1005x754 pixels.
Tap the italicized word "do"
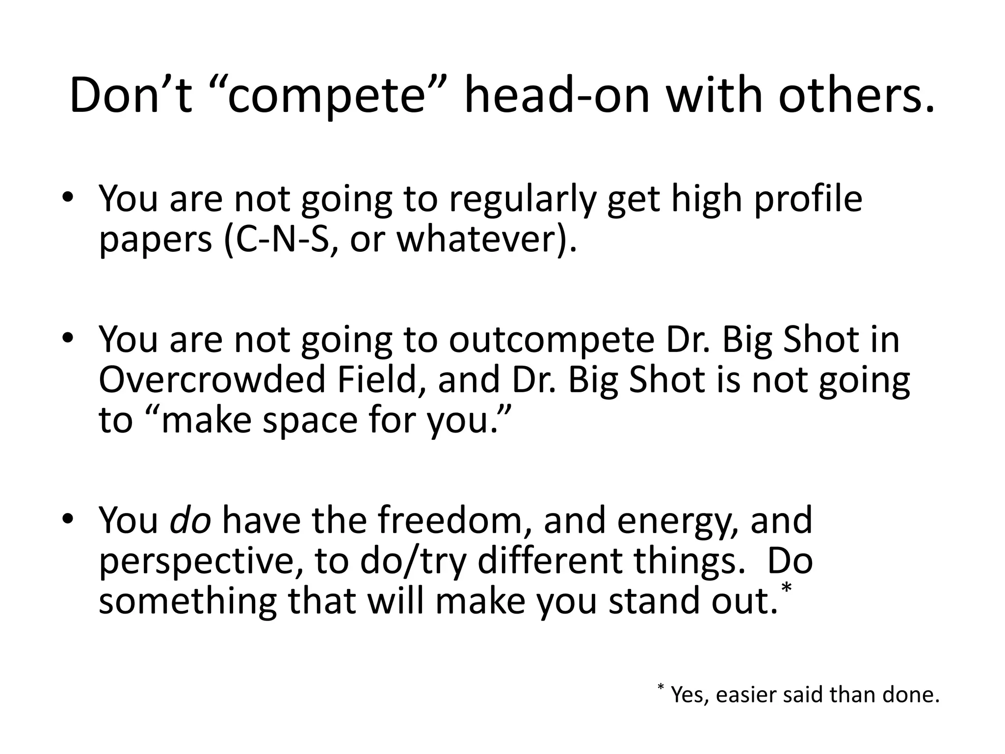(x=190, y=520)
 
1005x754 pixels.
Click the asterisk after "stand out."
(x=787, y=588)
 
